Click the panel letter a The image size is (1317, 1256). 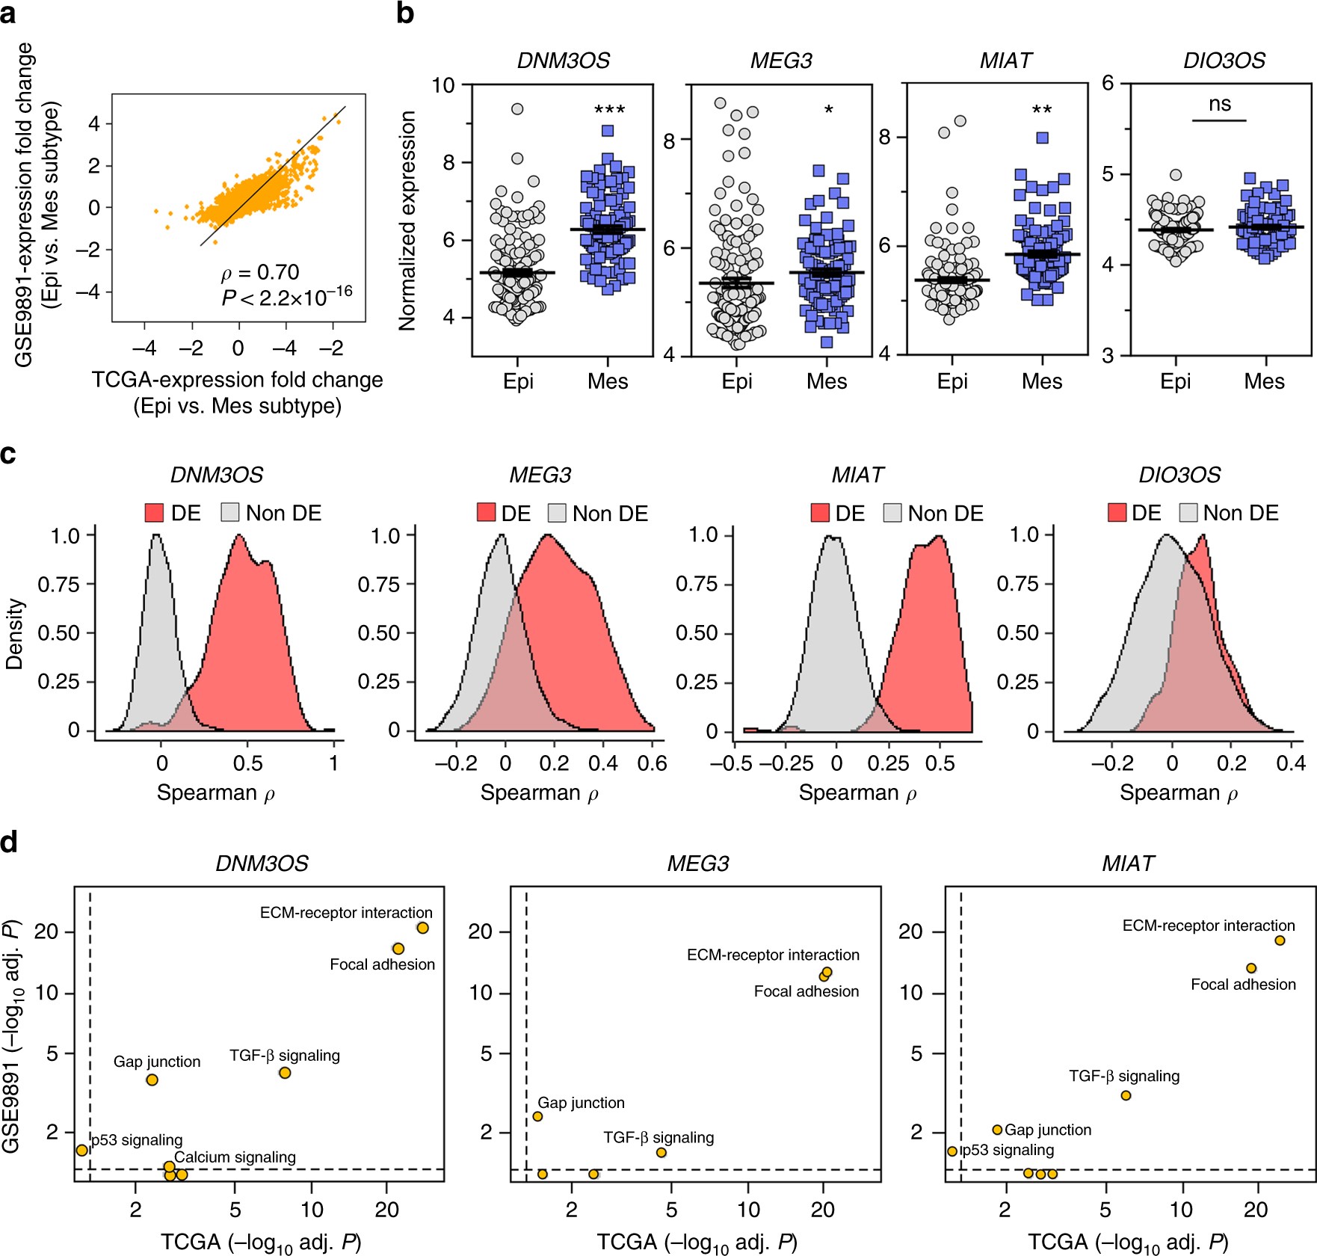point(8,14)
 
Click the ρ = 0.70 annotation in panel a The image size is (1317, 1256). point(260,272)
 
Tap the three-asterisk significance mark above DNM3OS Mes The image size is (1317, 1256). point(609,111)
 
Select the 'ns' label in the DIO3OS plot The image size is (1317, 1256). point(1219,104)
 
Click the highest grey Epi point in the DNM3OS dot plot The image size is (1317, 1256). point(517,109)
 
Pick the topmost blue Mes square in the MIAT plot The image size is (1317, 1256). point(1042,138)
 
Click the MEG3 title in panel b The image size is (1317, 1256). point(781,61)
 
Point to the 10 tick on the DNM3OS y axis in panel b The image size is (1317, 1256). point(443,85)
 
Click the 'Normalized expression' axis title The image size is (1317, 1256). point(407,221)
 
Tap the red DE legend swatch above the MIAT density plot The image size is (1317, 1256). point(820,513)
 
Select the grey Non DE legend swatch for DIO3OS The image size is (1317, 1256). point(1188,513)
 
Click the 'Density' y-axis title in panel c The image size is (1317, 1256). point(15,633)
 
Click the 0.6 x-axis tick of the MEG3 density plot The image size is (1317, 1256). point(652,763)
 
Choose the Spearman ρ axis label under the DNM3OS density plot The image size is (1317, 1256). point(216,792)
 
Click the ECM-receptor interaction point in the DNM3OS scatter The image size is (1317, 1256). point(422,928)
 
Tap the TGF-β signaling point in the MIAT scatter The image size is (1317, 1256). point(1126,1095)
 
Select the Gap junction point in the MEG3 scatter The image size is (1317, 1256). point(537,1116)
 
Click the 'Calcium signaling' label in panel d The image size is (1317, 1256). point(235,1157)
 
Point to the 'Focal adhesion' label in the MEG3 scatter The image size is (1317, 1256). point(806,991)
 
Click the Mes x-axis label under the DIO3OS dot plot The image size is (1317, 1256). point(1264,381)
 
